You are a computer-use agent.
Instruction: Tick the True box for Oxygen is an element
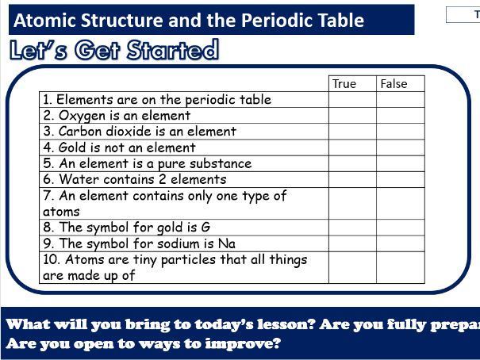[352, 116]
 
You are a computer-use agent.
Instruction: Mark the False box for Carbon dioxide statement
[401, 132]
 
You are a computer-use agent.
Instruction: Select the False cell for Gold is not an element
[401, 147]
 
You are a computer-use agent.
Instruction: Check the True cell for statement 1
[352, 100]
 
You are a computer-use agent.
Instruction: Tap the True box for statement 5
[352, 163]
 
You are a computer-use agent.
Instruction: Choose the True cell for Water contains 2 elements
[352, 179]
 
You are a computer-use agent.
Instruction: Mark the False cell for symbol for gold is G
[401, 228]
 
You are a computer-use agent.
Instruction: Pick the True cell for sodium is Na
[352, 243]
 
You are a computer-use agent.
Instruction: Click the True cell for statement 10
[352, 267]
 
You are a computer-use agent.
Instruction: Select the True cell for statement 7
[352, 203]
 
